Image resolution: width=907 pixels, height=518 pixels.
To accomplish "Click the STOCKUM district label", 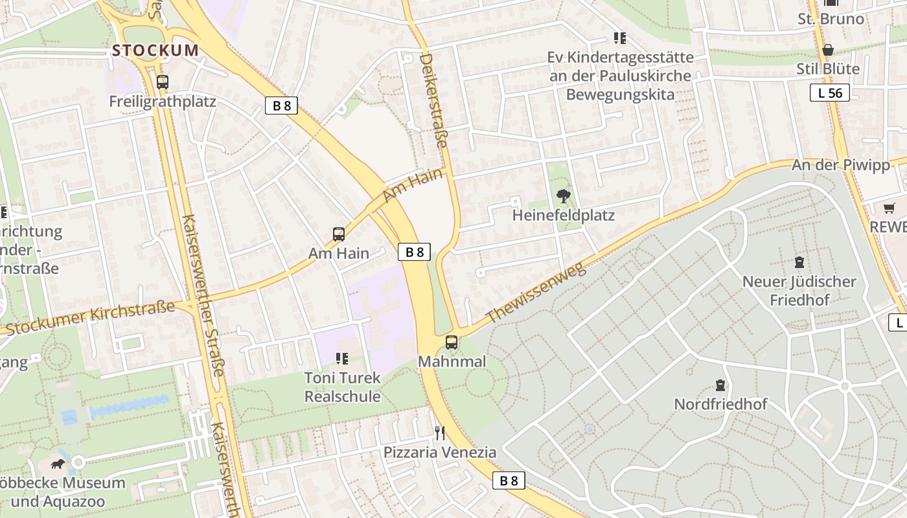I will (x=155, y=50).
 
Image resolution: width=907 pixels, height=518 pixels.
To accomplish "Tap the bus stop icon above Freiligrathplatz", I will (x=163, y=82).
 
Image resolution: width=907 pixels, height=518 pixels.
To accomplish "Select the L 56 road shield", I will (x=830, y=93).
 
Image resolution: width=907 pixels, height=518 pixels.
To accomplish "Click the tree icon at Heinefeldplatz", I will (x=564, y=196).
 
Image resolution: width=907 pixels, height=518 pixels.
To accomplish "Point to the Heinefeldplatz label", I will (x=564, y=214).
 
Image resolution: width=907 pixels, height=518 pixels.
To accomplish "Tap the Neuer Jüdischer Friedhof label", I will (x=799, y=291).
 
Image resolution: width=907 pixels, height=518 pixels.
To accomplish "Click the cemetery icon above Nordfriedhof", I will (x=720, y=386).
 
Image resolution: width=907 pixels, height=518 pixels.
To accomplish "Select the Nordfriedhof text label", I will (x=720, y=404).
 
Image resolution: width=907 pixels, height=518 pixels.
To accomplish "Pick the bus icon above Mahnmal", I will (x=452, y=343).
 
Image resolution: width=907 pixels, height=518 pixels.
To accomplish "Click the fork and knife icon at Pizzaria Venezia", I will (x=440, y=433).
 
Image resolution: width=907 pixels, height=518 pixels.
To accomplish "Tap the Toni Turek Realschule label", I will (x=343, y=387).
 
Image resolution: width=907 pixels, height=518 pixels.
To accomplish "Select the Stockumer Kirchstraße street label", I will (x=91, y=318).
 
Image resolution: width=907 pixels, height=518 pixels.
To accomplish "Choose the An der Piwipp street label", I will (x=841, y=165).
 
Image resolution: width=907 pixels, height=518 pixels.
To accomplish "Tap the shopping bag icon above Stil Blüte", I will (x=828, y=50).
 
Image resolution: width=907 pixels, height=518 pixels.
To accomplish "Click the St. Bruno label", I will (x=831, y=19).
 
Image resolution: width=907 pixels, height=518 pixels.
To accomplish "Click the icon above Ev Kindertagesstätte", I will (x=620, y=39).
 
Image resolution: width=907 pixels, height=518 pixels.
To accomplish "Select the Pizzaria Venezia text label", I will (x=440, y=452).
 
